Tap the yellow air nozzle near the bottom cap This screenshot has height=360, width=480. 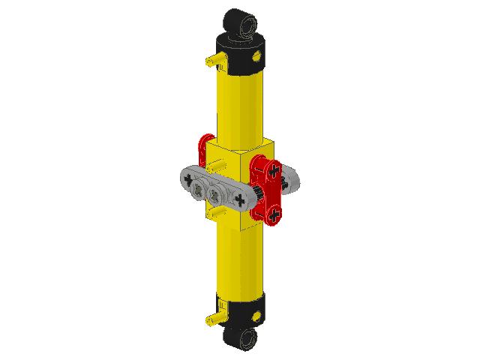coord(211,320)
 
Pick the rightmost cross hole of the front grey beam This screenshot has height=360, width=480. coord(240,199)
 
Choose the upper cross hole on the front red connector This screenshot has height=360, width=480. coord(265,169)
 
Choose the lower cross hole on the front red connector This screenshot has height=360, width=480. coord(275,215)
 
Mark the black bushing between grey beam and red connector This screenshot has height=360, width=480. coord(254,196)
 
